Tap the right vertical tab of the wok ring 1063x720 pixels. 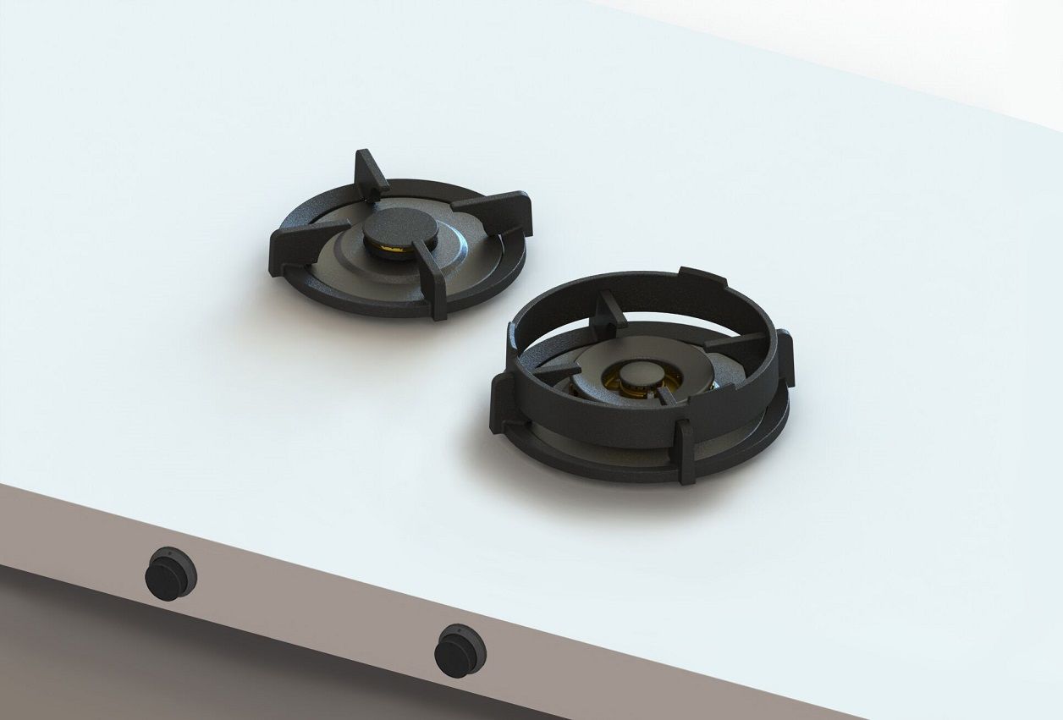click(784, 359)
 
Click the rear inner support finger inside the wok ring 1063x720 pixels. click(609, 311)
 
